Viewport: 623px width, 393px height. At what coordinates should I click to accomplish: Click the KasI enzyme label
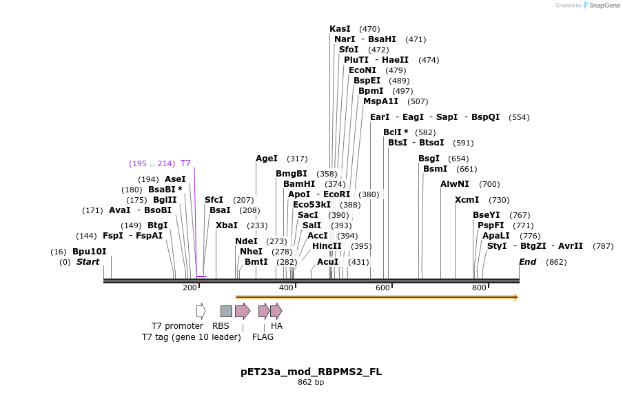pos(340,29)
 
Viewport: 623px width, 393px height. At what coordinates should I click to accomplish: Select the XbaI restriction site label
pos(226,225)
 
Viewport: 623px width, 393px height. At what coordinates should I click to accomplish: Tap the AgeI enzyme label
pos(267,159)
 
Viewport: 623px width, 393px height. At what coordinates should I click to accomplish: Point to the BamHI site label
pos(299,184)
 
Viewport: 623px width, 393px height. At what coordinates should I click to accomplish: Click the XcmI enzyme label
pos(467,200)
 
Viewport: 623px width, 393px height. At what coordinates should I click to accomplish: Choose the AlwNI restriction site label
pos(455,184)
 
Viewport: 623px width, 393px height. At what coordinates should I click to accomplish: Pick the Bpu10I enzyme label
pos(90,252)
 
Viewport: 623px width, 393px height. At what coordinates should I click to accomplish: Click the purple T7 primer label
pos(185,163)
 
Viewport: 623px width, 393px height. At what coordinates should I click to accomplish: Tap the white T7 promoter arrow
pos(201,311)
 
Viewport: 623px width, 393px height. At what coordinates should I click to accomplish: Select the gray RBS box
pos(226,311)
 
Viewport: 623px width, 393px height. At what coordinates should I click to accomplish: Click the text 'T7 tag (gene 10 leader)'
pos(192,337)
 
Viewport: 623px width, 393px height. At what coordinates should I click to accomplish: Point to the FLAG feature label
pos(263,337)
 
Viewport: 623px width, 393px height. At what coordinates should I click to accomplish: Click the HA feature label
pos(276,325)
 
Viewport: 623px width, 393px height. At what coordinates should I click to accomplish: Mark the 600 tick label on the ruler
pos(383,288)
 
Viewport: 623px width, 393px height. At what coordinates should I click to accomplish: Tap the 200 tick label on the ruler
pos(190,288)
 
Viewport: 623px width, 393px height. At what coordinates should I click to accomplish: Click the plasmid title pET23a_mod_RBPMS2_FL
pos(311,372)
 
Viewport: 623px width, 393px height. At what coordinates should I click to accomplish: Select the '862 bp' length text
pos(311,383)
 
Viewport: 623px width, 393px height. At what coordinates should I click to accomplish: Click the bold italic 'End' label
pos(527,262)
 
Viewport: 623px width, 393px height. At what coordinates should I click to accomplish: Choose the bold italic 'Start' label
pos(88,262)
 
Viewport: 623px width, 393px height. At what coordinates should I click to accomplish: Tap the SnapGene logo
pos(602,6)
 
